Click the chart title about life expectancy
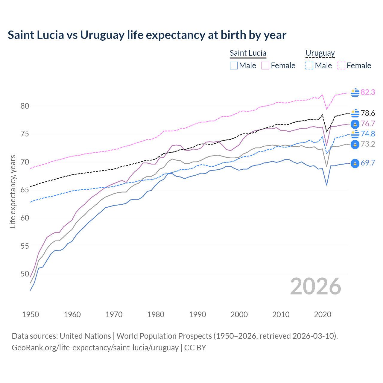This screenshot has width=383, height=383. click(x=147, y=35)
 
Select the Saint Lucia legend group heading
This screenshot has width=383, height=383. click(x=248, y=53)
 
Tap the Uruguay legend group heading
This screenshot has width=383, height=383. click(x=320, y=53)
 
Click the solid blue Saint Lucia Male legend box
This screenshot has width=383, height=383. click(x=234, y=66)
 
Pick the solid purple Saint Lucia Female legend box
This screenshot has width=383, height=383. click(x=265, y=66)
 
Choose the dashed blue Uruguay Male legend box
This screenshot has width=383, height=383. click(x=309, y=66)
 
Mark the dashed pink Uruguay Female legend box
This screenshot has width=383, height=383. click(x=341, y=66)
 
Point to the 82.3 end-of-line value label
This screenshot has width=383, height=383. click(x=368, y=92)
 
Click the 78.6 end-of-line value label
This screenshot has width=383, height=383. click(x=368, y=113)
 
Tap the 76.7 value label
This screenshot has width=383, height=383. click(x=368, y=124)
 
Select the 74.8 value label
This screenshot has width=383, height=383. click(x=368, y=134)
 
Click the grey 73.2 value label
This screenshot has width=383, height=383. click(x=368, y=144)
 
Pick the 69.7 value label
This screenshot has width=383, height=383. click(x=368, y=163)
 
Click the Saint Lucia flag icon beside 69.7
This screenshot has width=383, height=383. click(x=355, y=163)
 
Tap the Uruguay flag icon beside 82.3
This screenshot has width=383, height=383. click(x=355, y=93)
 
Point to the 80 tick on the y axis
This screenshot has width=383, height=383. click(x=25, y=106)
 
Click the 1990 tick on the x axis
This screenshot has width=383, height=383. click(x=197, y=314)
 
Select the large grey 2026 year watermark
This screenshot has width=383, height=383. click(x=315, y=286)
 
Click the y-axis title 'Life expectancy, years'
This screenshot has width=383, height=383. click(x=13, y=191)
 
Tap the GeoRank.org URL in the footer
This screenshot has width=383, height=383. click(x=95, y=348)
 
